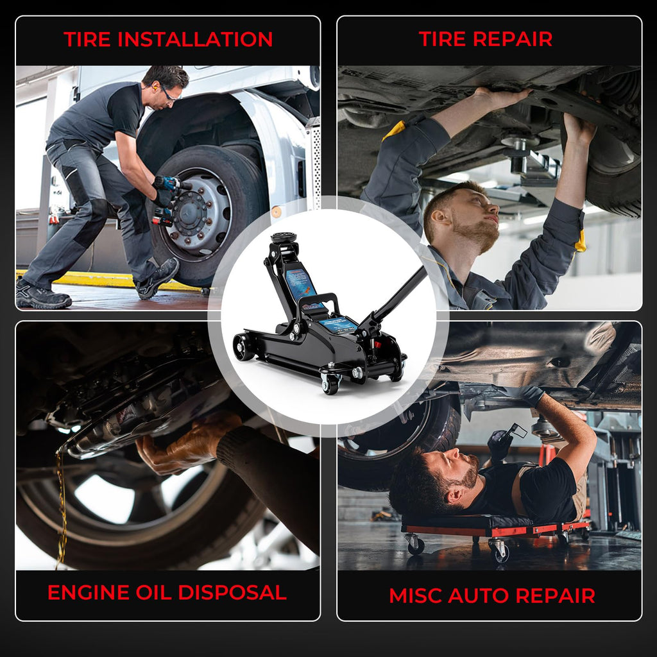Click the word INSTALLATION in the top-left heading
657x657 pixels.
point(195,39)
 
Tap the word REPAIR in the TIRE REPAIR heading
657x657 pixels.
point(513,39)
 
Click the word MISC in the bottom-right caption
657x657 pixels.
point(415,595)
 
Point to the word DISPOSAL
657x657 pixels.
point(232,592)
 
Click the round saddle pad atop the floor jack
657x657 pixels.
point(283,237)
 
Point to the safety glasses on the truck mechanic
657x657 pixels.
point(167,94)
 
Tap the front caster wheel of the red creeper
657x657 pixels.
point(415,544)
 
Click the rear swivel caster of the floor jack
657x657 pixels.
point(330,384)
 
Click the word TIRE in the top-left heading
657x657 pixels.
point(87,39)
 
